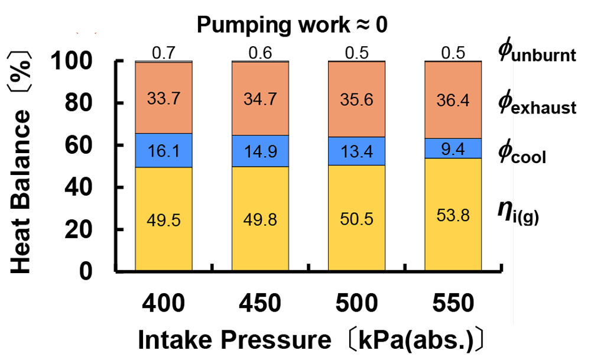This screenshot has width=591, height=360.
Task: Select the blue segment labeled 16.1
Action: [164, 150]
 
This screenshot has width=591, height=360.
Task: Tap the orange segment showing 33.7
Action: [164, 98]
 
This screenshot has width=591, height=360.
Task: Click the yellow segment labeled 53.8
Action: [453, 215]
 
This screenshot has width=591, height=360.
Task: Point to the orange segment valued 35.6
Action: [356, 99]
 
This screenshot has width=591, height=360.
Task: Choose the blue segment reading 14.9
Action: [260, 151]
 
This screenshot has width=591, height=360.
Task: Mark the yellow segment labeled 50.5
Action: [356, 218]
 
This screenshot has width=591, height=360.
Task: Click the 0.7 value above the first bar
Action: [164, 53]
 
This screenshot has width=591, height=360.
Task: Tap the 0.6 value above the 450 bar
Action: [260, 53]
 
